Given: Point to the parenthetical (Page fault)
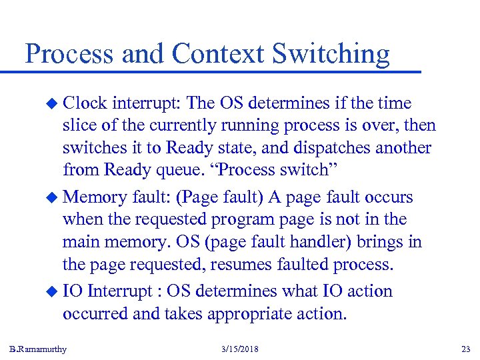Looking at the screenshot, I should tap(218, 197).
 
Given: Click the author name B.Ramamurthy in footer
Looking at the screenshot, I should tap(38, 349).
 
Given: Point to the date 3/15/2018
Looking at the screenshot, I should tap(241, 349).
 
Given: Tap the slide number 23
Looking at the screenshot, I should tap(465, 349).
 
